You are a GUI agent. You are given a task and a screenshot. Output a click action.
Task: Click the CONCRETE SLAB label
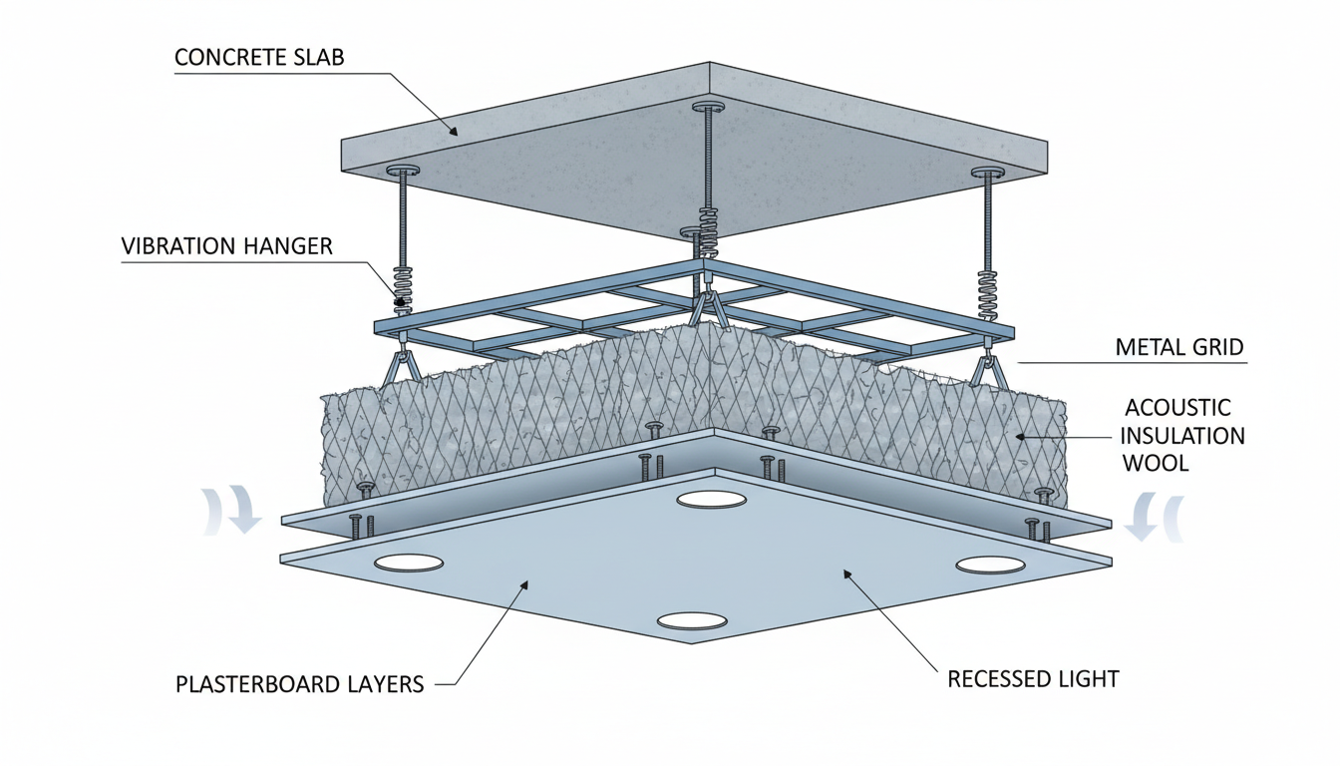(x=259, y=57)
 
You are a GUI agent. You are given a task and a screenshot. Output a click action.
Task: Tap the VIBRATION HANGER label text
(x=226, y=246)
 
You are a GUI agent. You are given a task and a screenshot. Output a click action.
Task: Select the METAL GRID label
(x=1179, y=347)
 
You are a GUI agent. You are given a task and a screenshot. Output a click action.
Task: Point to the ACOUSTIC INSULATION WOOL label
(x=1184, y=435)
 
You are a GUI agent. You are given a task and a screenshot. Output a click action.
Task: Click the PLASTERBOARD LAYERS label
(x=300, y=684)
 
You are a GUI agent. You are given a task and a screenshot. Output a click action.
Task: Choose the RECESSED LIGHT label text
(x=1033, y=679)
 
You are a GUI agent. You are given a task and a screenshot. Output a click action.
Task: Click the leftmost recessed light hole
(x=409, y=563)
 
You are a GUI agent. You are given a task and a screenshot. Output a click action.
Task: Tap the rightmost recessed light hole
(x=990, y=566)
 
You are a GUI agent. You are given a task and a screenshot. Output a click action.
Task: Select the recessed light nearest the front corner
(x=693, y=620)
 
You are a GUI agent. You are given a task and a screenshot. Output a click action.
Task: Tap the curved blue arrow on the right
(x=1155, y=516)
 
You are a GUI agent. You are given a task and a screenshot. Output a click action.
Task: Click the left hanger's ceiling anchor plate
(x=404, y=171)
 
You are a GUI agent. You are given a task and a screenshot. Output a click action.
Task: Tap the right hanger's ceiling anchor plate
(x=987, y=173)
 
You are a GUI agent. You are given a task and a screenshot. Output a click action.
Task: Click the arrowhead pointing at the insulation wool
(x=1020, y=435)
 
